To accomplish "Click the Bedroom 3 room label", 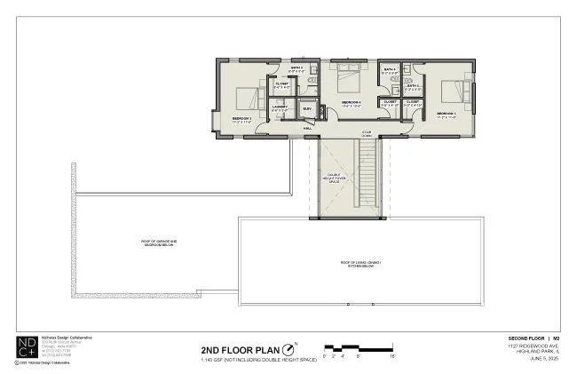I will pos(242,118).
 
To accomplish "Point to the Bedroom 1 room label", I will pos(446,114).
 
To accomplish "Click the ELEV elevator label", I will pos(307,108).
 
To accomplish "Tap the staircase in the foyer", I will pos(366,178).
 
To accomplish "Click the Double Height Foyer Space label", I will pos(336,179).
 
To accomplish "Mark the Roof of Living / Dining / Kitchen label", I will pos(366,264).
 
